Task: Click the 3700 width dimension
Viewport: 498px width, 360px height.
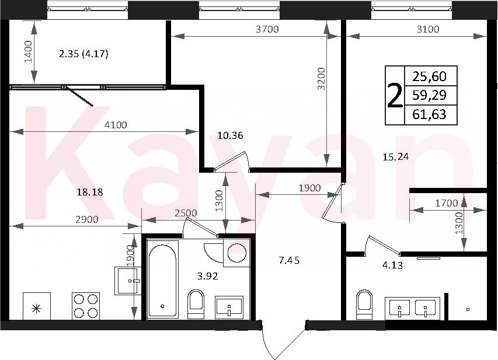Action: (267, 29)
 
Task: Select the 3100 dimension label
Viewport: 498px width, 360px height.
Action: (428, 29)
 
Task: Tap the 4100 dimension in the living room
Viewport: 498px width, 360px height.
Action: (116, 125)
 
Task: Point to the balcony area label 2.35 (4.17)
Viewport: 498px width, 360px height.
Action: (84, 54)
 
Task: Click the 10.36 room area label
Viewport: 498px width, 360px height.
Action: (230, 135)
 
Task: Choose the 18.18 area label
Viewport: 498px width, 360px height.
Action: (90, 192)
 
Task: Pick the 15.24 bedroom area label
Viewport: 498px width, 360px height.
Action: (395, 157)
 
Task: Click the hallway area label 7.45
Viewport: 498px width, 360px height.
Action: (289, 261)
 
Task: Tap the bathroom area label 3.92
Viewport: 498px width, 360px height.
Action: (208, 276)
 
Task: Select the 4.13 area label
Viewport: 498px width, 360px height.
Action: (392, 265)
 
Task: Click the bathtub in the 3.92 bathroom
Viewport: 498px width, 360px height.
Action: (162, 278)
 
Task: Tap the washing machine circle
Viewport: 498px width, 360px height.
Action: (237, 253)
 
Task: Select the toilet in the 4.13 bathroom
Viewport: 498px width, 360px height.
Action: (364, 304)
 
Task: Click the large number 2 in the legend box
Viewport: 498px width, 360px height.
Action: (395, 95)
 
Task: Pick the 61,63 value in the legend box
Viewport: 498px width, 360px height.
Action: (429, 114)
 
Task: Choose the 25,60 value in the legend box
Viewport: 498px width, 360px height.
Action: (429, 76)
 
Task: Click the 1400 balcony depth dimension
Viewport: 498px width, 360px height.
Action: (29, 51)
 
